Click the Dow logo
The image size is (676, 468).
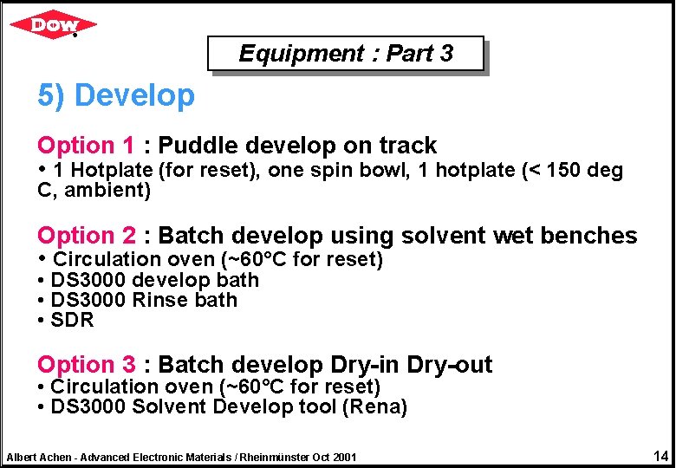53,24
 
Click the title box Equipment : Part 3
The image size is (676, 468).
345,54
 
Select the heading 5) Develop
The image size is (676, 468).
116,95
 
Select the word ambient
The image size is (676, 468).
108,190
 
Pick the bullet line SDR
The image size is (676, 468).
72,320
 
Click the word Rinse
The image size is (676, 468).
160,300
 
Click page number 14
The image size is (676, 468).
660,456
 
